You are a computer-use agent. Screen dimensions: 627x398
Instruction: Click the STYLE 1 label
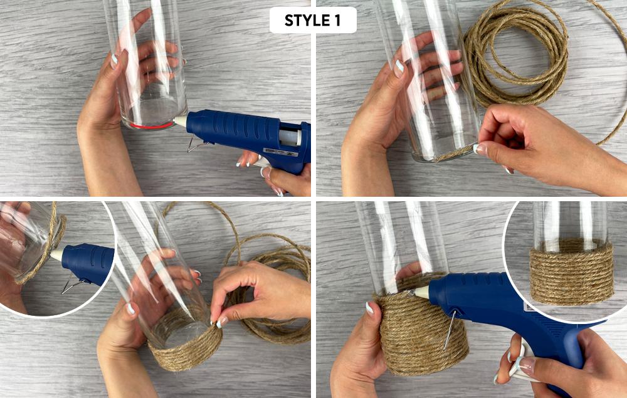(x=313, y=21)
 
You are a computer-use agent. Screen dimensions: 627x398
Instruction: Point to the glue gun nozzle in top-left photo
(x=181, y=122)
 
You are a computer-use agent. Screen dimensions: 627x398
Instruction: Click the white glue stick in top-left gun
(x=290, y=137)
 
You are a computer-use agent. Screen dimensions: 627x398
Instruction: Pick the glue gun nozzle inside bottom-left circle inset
(x=56, y=255)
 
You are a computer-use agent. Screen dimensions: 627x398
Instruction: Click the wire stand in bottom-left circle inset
(x=74, y=284)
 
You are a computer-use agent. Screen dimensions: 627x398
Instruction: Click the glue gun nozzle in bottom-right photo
(x=421, y=292)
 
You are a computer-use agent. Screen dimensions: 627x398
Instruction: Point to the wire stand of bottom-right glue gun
(x=451, y=330)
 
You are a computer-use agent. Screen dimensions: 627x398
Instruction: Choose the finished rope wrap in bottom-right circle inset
(x=571, y=271)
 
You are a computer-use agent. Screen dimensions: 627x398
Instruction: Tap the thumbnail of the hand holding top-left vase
(x=114, y=61)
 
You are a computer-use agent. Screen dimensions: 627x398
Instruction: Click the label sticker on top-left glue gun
(x=281, y=152)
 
